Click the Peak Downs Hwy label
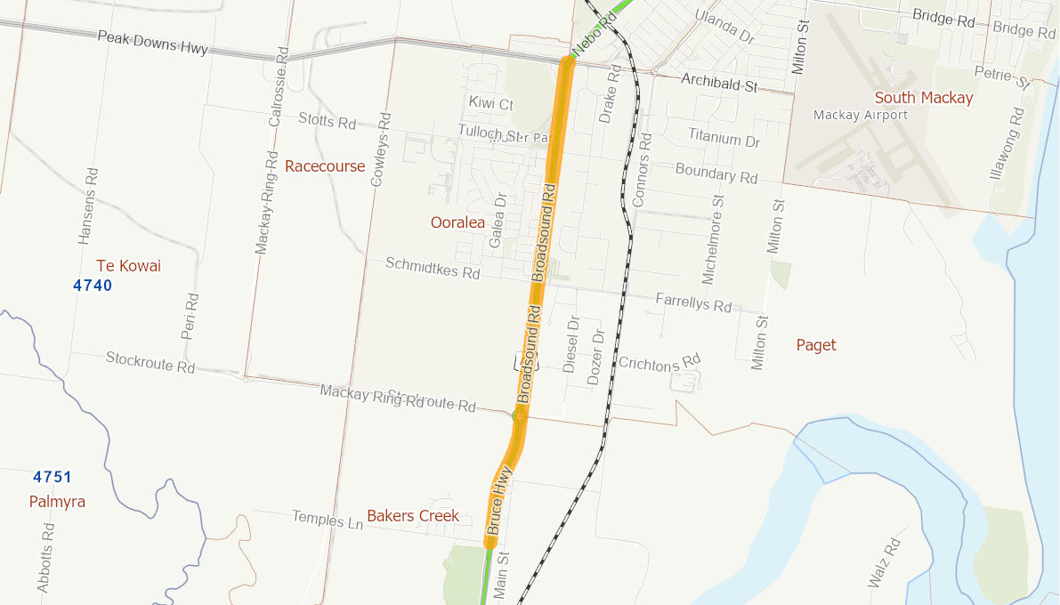click(152, 42)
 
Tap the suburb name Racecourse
click(325, 166)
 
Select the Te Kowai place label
click(128, 266)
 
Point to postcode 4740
click(93, 286)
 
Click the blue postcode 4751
click(53, 477)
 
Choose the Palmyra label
click(57, 502)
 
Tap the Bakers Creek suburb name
click(413, 516)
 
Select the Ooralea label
click(457, 222)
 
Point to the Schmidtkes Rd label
click(433, 268)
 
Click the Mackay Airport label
click(861, 115)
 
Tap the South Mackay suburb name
click(924, 98)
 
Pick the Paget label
click(816, 345)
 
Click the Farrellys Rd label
click(693, 303)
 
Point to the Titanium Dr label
click(724, 138)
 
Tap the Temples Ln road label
click(328, 519)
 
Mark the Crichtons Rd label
click(659, 362)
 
